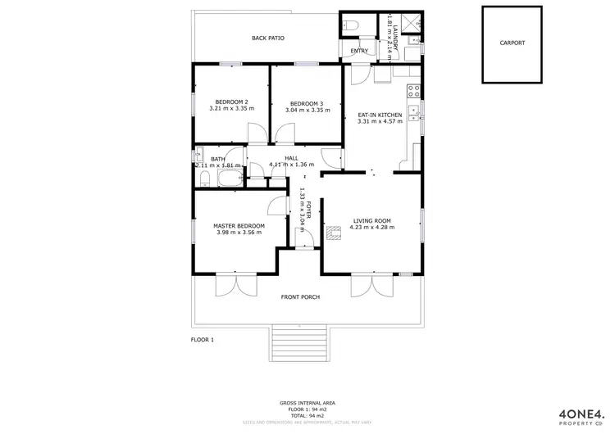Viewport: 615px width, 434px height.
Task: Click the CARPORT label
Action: pos(512,43)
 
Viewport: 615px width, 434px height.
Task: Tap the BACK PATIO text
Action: pos(268,38)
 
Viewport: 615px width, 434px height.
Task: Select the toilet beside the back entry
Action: pos(348,25)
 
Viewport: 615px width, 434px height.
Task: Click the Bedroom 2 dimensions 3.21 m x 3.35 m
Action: pos(229,109)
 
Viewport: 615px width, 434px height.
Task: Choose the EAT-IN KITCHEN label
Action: pos(380,115)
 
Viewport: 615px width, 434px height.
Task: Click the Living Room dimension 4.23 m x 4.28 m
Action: pos(373,228)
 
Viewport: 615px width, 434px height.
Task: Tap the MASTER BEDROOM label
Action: pos(239,225)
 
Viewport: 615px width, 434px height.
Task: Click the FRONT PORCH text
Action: pos(300,296)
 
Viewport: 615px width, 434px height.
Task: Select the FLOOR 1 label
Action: pos(202,339)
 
